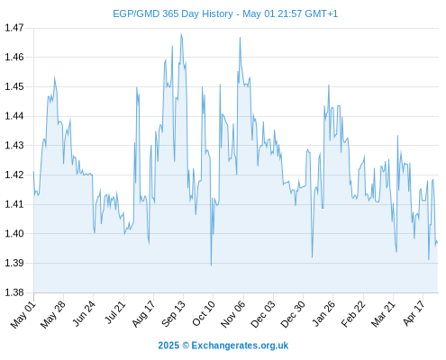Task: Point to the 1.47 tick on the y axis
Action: (x=14, y=28)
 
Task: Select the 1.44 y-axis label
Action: (x=14, y=116)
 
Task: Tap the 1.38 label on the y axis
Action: (x=14, y=292)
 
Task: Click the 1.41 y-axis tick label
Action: (x=14, y=204)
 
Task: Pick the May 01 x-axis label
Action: (x=23, y=315)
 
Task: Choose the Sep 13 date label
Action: (x=174, y=314)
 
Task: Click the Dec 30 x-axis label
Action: (x=293, y=314)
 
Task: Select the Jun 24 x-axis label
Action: (x=84, y=314)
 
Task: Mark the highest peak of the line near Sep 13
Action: (x=181, y=34)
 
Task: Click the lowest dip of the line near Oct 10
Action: (x=211, y=265)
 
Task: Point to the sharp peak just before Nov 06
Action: (x=240, y=38)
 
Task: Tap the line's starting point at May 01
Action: (x=33, y=172)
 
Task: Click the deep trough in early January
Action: (x=312, y=257)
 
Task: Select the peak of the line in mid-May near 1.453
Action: (x=54, y=76)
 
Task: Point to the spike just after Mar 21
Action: (x=397, y=136)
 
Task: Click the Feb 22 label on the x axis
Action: (x=353, y=314)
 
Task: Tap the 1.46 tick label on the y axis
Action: (x=14, y=57)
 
